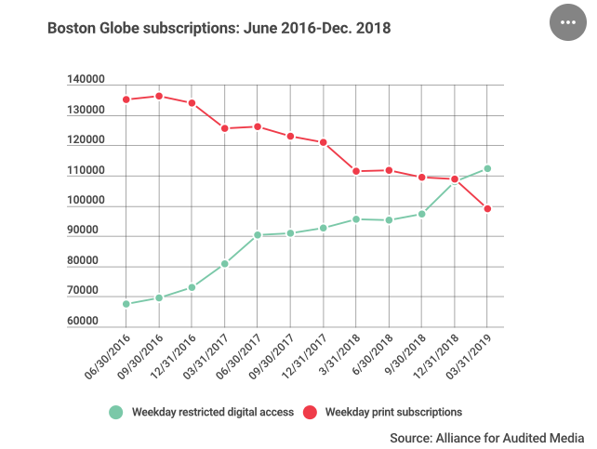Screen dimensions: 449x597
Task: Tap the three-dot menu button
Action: tap(569, 21)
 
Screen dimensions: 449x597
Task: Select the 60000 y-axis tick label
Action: tap(87, 323)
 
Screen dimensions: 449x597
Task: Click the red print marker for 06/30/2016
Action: tap(126, 99)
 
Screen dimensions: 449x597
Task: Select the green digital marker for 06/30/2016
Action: tap(126, 304)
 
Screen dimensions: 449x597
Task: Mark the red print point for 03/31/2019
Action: tap(487, 208)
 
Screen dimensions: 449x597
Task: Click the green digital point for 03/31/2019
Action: tap(487, 169)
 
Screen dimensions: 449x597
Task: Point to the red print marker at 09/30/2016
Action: tap(159, 96)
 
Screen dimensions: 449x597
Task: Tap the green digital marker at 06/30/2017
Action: tap(258, 235)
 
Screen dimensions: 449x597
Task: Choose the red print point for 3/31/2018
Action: tap(356, 171)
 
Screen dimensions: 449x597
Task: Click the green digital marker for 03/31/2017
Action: tap(224, 264)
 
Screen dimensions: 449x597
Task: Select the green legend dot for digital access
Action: tap(115, 411)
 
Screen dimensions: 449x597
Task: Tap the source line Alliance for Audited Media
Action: tap(486, 437)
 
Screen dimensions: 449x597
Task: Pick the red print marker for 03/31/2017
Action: tap(224, 128)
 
